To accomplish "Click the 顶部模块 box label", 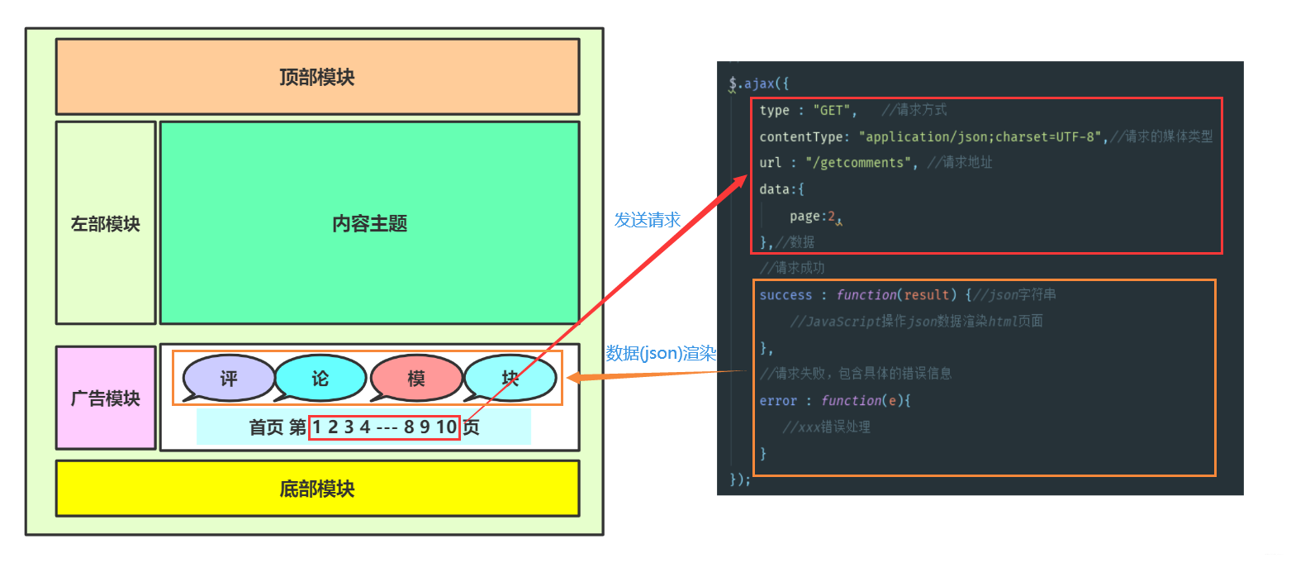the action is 317,78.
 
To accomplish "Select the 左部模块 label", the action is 106,224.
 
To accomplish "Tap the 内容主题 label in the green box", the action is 369,224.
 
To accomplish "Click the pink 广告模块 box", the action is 106,398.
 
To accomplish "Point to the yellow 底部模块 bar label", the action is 317,489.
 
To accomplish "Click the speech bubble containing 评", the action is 229,379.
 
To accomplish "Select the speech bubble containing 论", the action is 320,379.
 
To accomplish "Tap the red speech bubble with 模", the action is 416,379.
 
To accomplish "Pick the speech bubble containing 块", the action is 510,379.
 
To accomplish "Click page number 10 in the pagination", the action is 447,427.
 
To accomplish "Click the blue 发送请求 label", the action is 648,220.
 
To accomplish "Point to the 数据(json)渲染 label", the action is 661,353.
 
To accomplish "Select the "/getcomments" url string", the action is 858,163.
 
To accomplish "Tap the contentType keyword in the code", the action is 799,136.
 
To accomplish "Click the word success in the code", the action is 786,295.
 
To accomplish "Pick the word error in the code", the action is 778,401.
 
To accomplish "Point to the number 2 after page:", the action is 832,217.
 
